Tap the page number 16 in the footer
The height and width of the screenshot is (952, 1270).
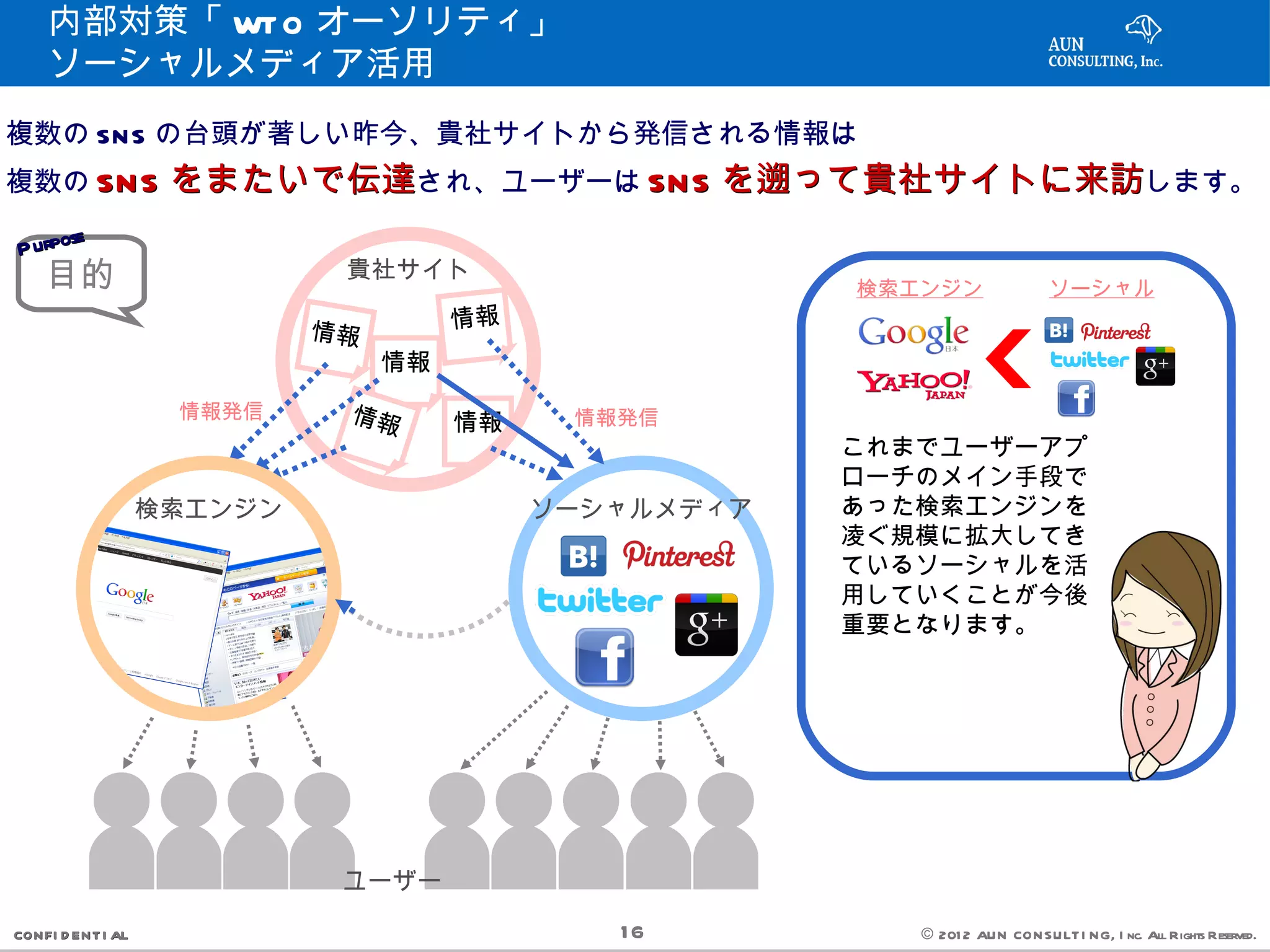click(632, 932)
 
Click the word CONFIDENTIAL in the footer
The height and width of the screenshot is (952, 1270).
click(71, 935)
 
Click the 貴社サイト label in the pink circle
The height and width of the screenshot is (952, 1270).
click(407, 269)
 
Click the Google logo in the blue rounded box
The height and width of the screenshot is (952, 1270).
click(913, 333)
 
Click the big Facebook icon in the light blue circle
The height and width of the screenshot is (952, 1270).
click(605, 657)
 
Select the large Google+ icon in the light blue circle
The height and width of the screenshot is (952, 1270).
click(706, 624)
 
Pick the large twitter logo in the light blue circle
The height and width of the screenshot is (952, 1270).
click(600, 601)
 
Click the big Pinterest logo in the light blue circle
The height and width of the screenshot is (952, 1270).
click(679, 555)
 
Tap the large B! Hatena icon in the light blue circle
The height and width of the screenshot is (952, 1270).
click(583, 556)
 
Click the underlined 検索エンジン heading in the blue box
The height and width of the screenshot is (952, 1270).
click(920, 288)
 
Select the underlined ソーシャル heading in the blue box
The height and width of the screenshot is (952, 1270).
click(1101, 288)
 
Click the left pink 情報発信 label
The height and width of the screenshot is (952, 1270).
click(221, 411)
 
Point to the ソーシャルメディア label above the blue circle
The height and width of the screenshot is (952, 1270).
click(642, 509)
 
